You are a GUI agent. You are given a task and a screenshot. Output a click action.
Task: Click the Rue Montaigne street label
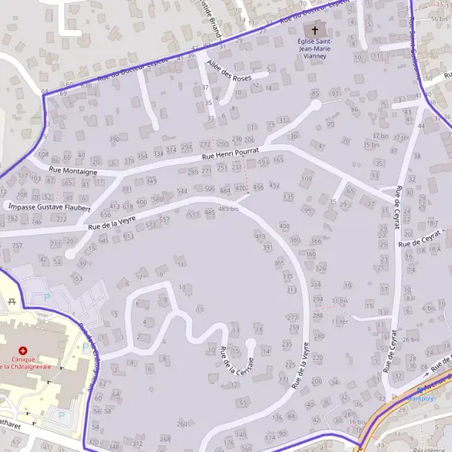(x=73, y=172)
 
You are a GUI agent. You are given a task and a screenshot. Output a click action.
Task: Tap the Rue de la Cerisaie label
(x=234, y=362)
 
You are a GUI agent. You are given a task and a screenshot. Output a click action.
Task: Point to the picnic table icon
(x=11, y=303)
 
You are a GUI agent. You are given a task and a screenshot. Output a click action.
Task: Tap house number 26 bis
(x=410, y=338)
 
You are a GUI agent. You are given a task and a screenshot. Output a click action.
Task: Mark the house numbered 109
(x=306, y=179)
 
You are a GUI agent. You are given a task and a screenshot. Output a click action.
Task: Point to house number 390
(x=115, y=139)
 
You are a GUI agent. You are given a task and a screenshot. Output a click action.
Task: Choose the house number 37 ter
(x=404, y=137)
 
